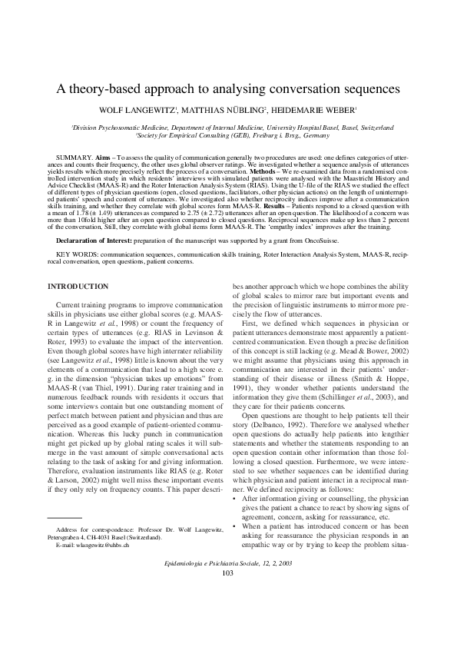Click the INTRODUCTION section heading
point(78,287)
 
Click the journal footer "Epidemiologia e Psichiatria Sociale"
point(217,586)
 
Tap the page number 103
point(228,595)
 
